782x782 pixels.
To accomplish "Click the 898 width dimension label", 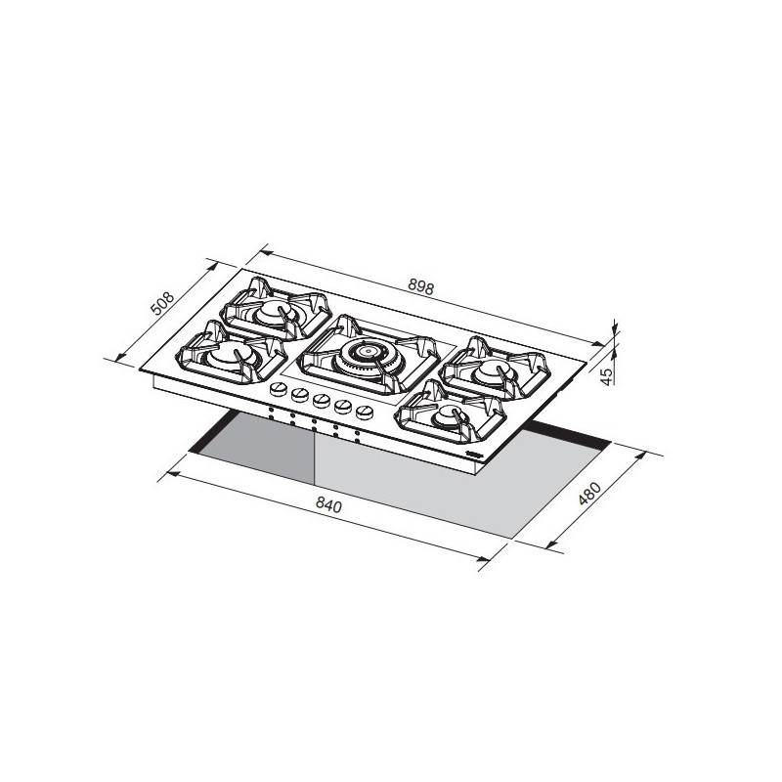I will coord(420,287).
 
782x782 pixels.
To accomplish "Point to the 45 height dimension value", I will coord(606,374).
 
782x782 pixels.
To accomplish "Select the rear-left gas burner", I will coord(270,312).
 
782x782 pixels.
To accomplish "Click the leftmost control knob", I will coord(276,389).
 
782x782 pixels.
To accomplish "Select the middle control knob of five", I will coord(321,399).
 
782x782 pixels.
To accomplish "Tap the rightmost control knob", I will coord(366,410).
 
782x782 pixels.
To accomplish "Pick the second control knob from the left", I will coord(298,394).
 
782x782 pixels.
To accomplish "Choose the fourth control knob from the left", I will coord(343,404).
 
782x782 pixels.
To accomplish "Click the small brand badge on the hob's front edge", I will coord(473,456).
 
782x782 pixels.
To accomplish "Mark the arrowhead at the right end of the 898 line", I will coord(603,343).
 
